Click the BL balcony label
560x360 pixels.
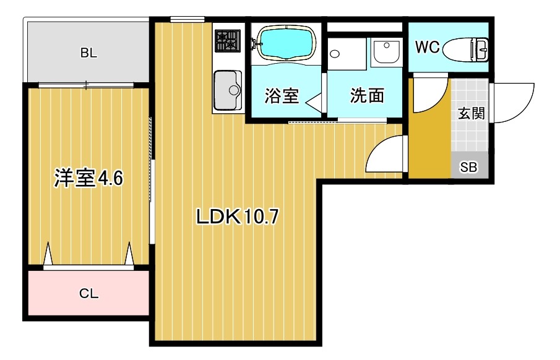(88, 53)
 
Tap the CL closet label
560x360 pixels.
(88, 293)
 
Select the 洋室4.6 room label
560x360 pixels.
(89, 179)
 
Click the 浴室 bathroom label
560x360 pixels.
(282, 96)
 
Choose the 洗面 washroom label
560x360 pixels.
(367, 96)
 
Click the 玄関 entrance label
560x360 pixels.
(471, 113)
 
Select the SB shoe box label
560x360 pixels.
(468, 167)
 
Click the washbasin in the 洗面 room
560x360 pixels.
(387, 51)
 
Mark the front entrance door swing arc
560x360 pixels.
(514, 102)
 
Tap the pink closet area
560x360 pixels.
(88, 293)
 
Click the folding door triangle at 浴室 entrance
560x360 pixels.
(314, 100)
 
